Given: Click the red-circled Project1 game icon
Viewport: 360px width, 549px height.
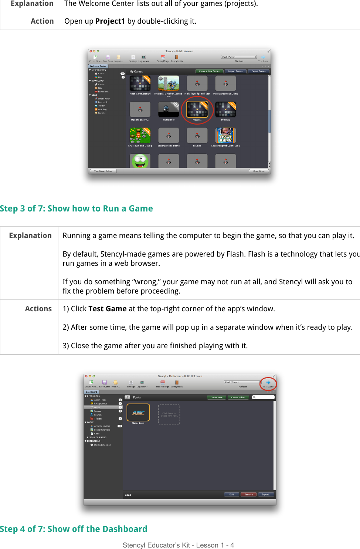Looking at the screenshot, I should coord(197,109).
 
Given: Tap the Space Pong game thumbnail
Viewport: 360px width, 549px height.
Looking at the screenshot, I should coord(225,135).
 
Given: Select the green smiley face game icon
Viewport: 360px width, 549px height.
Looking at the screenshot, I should coord(140,161).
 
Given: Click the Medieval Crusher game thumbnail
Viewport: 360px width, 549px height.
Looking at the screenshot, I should coord(169,83).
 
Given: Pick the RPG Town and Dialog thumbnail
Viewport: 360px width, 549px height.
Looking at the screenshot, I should coord(140,135).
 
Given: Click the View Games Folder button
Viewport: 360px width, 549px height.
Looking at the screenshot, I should coord(103,171).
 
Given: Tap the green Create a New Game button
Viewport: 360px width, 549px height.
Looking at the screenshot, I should coord(209,71).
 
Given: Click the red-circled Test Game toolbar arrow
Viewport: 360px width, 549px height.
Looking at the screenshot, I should coord(268,383).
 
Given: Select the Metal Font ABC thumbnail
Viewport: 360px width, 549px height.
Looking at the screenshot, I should coord(138,413).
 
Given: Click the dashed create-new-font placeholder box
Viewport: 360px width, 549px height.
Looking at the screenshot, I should coord(169,414).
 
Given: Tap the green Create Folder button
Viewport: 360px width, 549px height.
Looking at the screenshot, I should coord(238,397).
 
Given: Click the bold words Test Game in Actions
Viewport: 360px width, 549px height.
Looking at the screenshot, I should coord(107,309).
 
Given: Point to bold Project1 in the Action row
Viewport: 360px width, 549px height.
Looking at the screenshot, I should coord(110,21).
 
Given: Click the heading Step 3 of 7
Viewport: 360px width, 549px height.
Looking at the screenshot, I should coord(76,209).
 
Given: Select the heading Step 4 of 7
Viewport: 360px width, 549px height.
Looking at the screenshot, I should coord(74,529).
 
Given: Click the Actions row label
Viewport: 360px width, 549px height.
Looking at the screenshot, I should coord(38,309).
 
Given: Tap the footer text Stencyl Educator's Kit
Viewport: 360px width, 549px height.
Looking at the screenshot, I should coord(178,545).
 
